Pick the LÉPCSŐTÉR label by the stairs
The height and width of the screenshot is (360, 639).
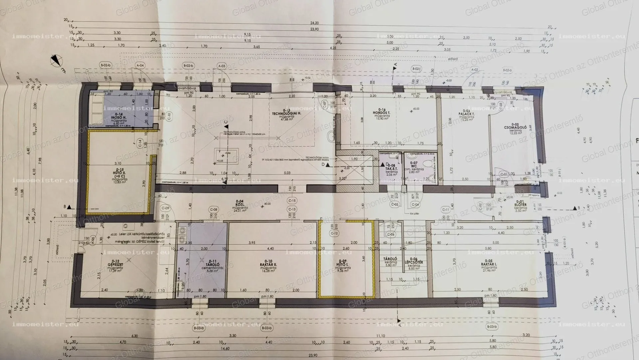tap(413, 262)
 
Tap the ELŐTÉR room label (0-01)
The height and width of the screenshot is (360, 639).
tap(521, 204)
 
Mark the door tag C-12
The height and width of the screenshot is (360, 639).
tap(334, 233)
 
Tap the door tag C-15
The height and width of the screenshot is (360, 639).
tap(292, 200)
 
